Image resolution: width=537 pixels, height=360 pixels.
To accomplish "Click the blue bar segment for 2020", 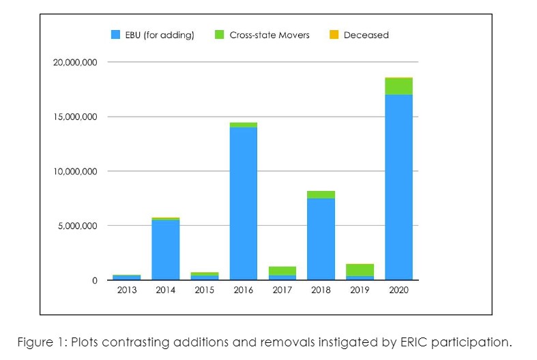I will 398,187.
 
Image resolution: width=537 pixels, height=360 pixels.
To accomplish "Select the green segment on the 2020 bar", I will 398,86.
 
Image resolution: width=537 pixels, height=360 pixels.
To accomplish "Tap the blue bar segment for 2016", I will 243,203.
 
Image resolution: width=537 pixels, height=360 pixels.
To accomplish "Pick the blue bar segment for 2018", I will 321,239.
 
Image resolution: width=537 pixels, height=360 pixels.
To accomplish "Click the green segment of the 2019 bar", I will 360,270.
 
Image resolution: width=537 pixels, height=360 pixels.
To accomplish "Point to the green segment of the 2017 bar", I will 282,271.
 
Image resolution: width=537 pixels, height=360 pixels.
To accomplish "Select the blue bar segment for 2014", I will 165,250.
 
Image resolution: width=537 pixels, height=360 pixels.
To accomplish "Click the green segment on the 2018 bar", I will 321,194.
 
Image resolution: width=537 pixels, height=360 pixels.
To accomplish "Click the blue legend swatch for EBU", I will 116,35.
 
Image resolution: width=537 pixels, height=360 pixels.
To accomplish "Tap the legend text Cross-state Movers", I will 269,35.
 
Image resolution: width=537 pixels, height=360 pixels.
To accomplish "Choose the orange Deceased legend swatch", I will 334,35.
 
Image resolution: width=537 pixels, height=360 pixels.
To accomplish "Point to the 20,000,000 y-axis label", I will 75,62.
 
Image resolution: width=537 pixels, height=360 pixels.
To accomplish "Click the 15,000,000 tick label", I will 75,117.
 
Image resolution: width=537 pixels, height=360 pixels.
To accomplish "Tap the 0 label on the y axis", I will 96,280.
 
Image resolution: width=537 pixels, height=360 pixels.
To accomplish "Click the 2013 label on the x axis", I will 126,290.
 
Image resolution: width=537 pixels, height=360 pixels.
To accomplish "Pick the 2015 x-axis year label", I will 204,290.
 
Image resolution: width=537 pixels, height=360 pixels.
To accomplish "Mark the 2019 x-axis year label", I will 360,290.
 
